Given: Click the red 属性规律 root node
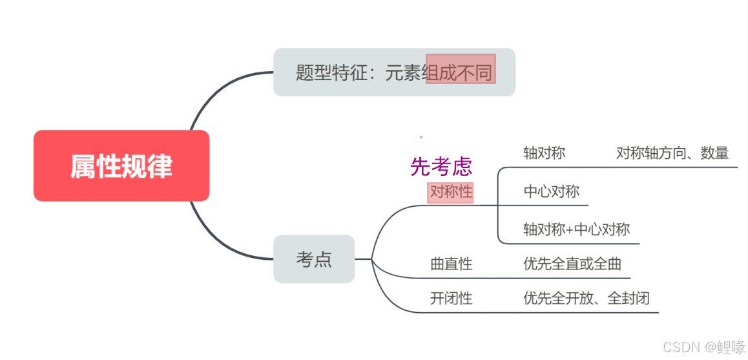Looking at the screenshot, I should pos(121,166).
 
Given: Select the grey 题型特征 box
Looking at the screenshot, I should pos(394,72).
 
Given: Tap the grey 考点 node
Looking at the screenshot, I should pos(314,259).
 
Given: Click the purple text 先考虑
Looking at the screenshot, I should pos(441,166).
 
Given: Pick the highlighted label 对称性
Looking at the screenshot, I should pos(451,192).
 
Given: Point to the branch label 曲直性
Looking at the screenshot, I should pos(452,264).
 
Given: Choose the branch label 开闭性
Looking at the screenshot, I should pos(452,298).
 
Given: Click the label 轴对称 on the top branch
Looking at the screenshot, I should pos(544,153).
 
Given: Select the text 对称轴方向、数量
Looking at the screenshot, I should pos(672,153).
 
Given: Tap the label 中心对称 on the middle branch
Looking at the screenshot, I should pos(551,191).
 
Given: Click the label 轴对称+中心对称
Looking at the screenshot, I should pos(576,229).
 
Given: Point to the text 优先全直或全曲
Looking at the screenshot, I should pos(572,264).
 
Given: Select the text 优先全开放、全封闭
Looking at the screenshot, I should pos(586,298).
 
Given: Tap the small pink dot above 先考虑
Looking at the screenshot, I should pos(421,137).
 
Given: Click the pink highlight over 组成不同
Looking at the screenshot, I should pos(461,69).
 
